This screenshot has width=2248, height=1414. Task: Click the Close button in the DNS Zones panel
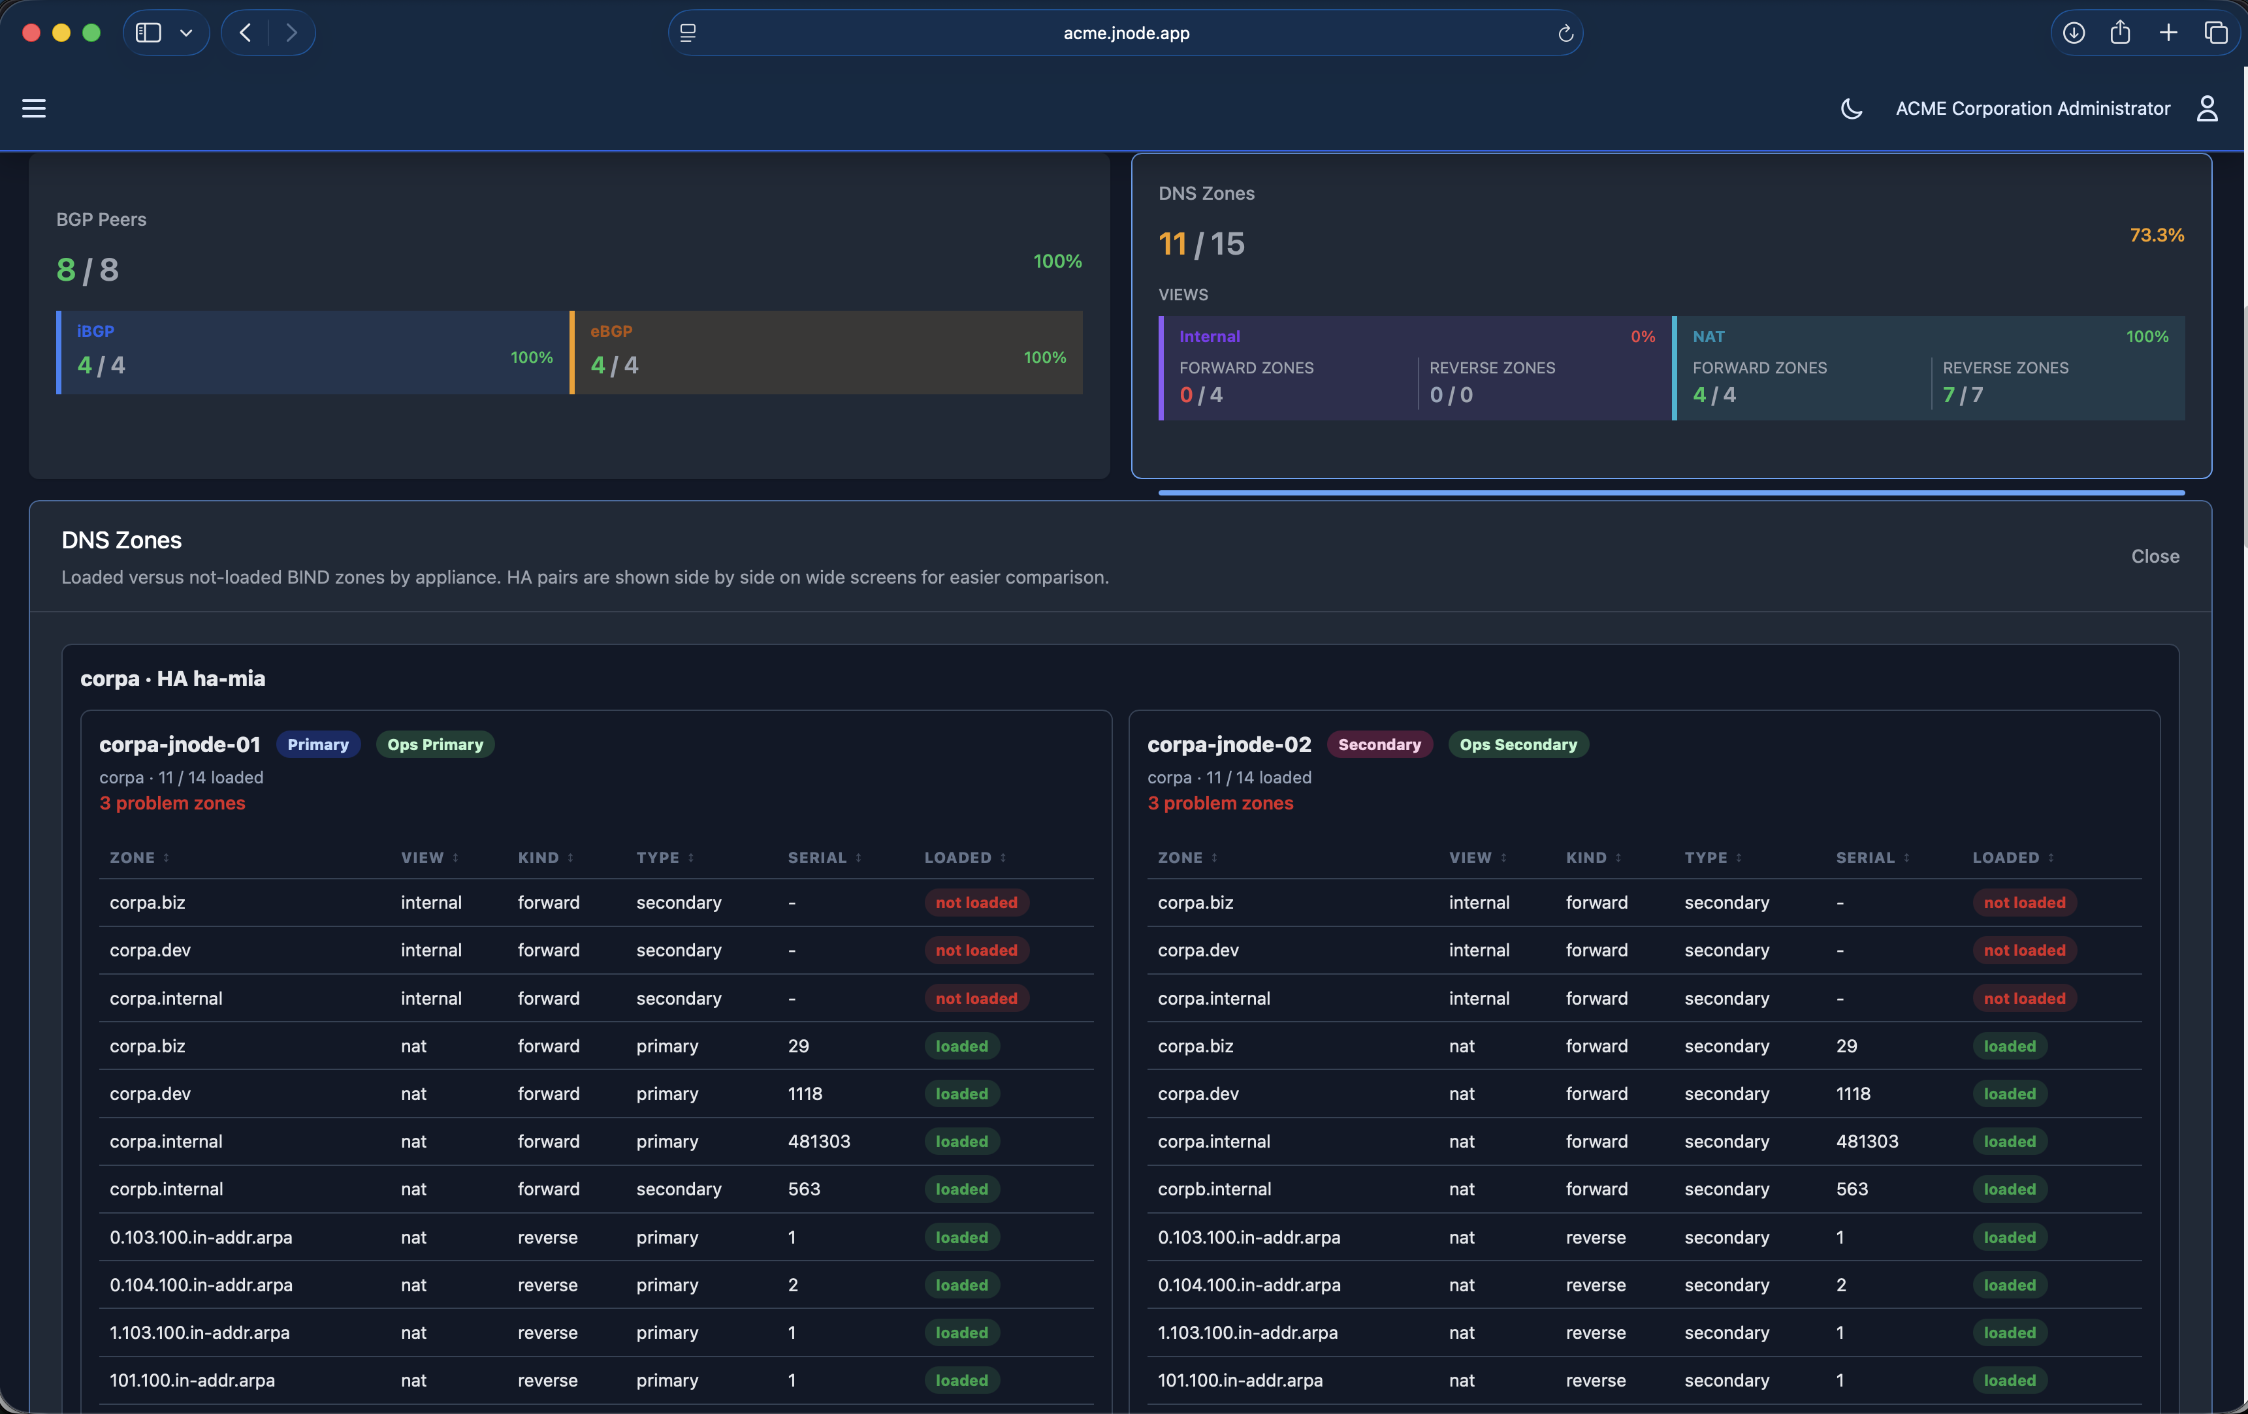[x=2155, y=556]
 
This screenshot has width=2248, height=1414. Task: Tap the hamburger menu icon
[x=33, y=108]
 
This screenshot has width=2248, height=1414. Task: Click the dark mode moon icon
[x=1852, y=108]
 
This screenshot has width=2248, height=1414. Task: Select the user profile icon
[x=2207, y=108]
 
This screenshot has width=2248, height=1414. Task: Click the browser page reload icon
[x=1566, y=33]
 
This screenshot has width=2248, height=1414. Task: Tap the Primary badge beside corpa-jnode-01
[x=317, y=745]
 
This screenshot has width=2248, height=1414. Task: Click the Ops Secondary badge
[x=1518, y=745]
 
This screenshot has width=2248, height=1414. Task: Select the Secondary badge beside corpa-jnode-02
[x=1379, y=745]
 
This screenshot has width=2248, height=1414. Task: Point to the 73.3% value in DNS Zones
[x=2157, y=235]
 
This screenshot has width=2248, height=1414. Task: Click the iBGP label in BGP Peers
[x=95, y=332]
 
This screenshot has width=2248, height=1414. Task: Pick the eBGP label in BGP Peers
[x=611, y=332]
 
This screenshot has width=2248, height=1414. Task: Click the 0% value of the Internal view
[x=1643, y=337]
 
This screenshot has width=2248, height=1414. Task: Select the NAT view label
[x=1709, y=337]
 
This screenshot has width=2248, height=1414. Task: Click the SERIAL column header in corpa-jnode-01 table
[x=817, y=858]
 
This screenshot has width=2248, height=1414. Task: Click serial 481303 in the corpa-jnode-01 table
[x=819, y=1142]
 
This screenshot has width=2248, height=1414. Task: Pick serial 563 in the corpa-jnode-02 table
[x=1852, y=1189]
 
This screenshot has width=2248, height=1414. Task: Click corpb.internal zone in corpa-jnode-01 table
[x=166, y=1189]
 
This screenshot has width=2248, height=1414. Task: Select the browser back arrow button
[x=246, y=33]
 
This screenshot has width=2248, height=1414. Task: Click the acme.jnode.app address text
[x=1126, y=33]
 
